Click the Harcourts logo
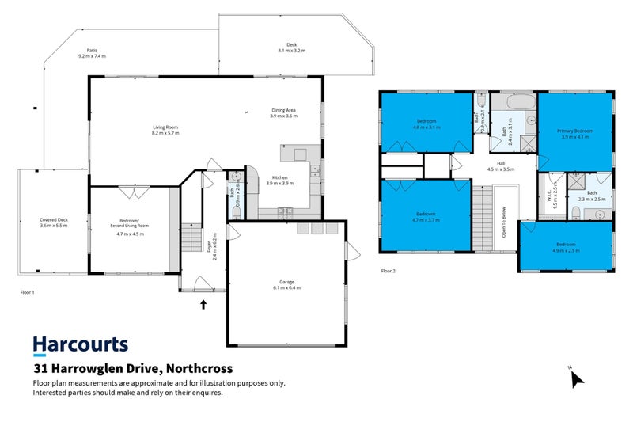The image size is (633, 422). click(80, 345)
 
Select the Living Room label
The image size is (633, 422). click(165, 129)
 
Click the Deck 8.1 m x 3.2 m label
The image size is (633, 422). click(291, 47)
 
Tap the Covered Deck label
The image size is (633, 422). click(54, 222)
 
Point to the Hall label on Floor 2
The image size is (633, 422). click(500, 165)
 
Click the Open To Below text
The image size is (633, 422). click(504, 222)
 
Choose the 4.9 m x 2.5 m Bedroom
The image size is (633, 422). click(565, 247)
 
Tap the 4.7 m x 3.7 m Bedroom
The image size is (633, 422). click(426, 217)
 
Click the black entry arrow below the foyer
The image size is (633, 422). click(203, 302)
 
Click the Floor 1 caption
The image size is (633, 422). click(28, 293)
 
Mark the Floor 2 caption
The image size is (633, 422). click(388, 271)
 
